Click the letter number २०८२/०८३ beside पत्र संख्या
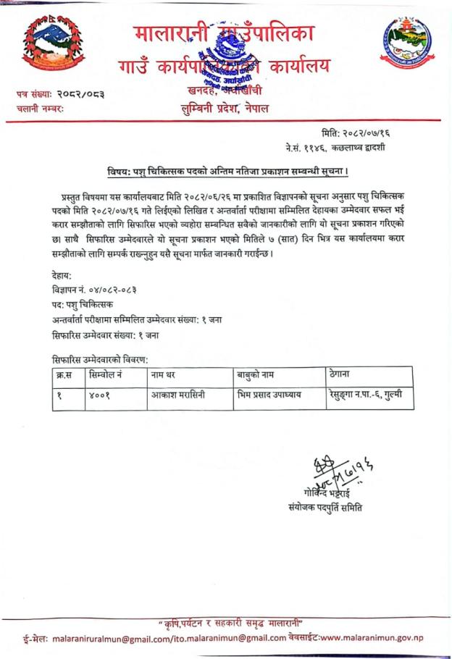pyautogui.click(x=85, y=94)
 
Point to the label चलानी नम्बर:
pyautogui.click(x=41, y=109)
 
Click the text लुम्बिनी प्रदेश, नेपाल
pyautogui.click(x=235, y=109)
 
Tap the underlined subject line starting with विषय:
pyautogui.click(x=225, y=172)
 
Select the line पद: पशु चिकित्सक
pyautogui.click(x=83, y=303)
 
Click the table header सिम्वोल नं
pyautogui.click(x=106, y=376)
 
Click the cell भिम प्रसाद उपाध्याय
pyautogui.click(x=269, y=396)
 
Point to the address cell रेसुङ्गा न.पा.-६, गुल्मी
pyautogui.click(x=369, y=396)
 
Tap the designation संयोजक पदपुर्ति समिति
pyautogui.click(x=325, y=508)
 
